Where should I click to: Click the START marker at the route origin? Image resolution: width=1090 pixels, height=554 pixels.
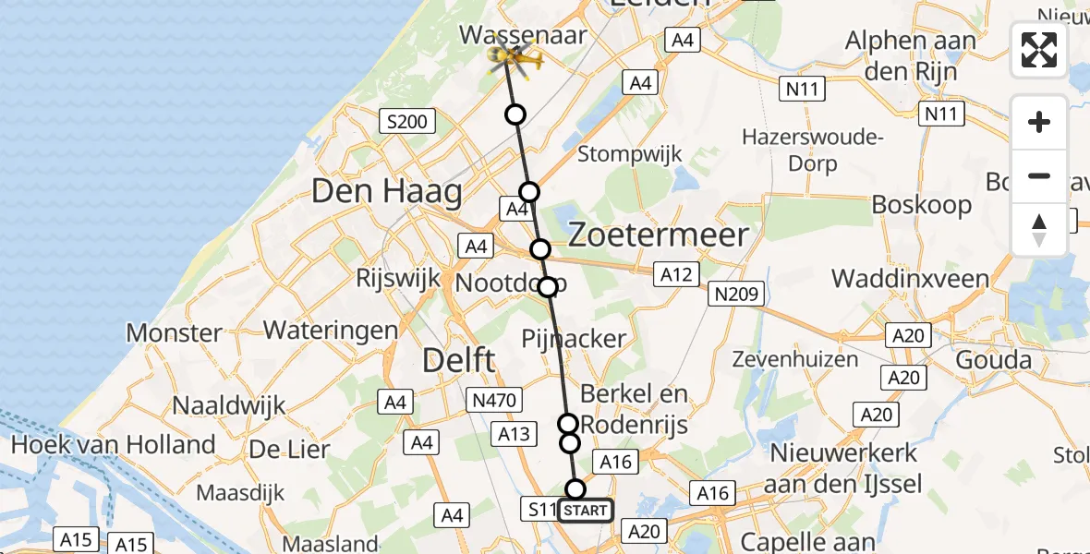click(x=585, y=511)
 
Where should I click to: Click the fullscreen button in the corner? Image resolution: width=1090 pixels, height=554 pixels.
click(x=1039, y=50)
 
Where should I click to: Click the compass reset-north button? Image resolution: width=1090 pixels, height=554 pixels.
click(x=1039, y=230)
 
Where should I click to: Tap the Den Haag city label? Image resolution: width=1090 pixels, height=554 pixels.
click(x=387, y=192)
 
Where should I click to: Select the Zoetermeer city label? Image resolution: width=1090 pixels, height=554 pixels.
click(x=658, y=235)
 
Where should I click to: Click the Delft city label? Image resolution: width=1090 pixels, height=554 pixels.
click(x=459, y=360)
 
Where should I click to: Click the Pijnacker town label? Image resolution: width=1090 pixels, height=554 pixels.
click(x=574, y=339)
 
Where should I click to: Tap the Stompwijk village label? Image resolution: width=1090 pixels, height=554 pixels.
click(x=630, y=153)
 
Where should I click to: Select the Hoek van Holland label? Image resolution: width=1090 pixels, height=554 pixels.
click(x=113, y=445)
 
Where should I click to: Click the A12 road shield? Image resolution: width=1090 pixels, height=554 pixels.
click(x=675, y=273)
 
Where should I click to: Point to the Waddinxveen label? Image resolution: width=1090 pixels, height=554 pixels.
click(x=910, y=279)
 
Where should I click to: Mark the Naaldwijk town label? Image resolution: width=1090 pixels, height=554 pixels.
click(x=229, y=404)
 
